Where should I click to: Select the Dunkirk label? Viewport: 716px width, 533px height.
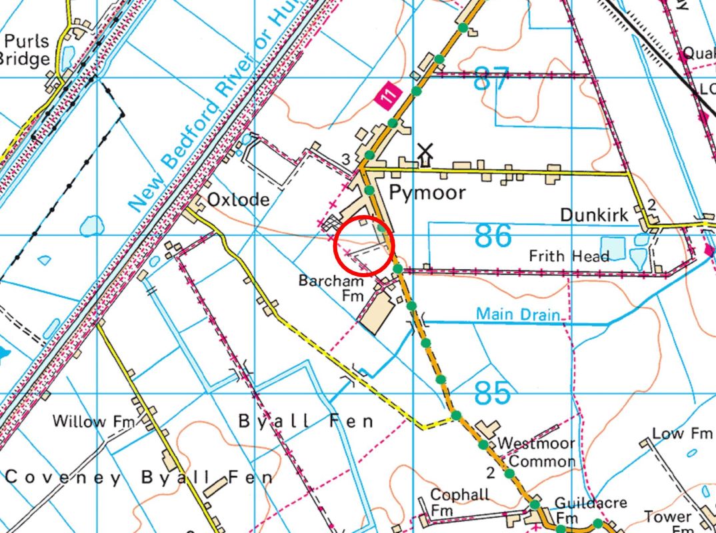coord(594,215)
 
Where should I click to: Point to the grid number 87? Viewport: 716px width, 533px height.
coord(491,79)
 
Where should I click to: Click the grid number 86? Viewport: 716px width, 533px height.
coord(493,236)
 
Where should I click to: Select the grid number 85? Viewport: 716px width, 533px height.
coord(493,393)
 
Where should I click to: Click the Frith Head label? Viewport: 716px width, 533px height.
coord(569,256)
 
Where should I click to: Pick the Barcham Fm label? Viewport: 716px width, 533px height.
coord(331,288)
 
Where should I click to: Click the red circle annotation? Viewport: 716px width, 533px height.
coord(364,246)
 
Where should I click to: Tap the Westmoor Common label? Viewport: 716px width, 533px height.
coord(537,452)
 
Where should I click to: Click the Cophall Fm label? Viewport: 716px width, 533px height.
coord(460,503)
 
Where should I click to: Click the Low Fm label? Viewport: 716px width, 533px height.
coord(681,434)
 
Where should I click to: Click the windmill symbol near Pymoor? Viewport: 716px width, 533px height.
coord(425,154)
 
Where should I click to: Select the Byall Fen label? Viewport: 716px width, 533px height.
coord(306,421)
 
